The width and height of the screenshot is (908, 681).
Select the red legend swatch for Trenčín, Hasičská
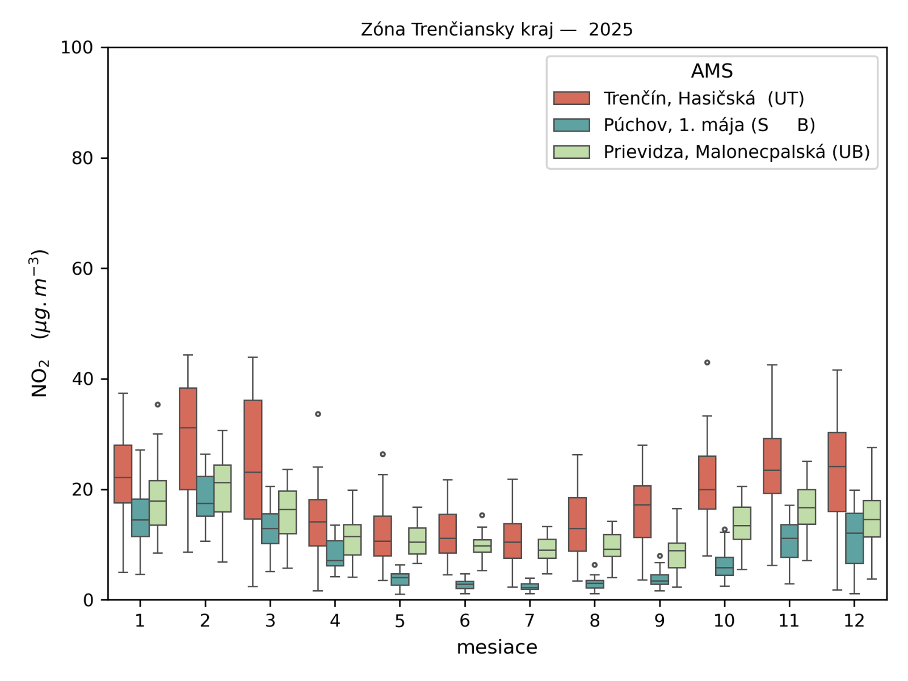tap(571, 98)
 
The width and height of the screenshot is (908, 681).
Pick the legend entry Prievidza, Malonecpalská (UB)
tap(736, 152)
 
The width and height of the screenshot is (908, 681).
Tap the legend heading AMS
tap(712, 71)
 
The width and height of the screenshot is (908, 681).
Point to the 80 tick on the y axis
tap(82, 158)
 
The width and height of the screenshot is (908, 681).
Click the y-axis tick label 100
tap(77, 48)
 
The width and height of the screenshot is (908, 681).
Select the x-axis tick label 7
tap(529, 621)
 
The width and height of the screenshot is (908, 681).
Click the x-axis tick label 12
tap(854, 621)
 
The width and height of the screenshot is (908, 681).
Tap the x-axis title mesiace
tap(497, 647)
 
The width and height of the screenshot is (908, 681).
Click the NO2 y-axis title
tap(40, 323)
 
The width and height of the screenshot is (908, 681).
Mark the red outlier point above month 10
tap(707, 363)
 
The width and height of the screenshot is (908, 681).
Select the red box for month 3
tap(253, 460)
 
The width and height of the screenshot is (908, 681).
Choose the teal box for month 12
tap(854, 539)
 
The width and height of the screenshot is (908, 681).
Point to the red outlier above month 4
tap(318, 414)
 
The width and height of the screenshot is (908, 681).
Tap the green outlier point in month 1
tap(158, 405)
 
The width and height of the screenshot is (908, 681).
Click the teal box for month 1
tap(140, 518)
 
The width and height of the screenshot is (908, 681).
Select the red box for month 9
tap(642, 511)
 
